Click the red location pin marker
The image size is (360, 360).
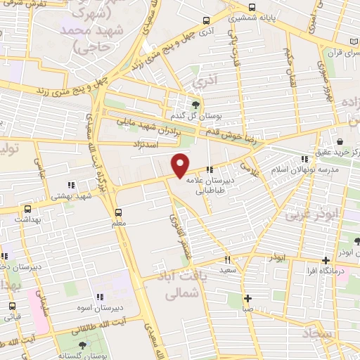(181, 165)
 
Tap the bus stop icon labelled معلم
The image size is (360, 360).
(117, 211)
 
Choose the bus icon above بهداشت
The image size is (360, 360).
(27, 209)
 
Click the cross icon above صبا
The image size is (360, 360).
(247, 298)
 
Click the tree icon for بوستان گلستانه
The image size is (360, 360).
(82, 345)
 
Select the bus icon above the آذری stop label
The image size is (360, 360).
(205, 21)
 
